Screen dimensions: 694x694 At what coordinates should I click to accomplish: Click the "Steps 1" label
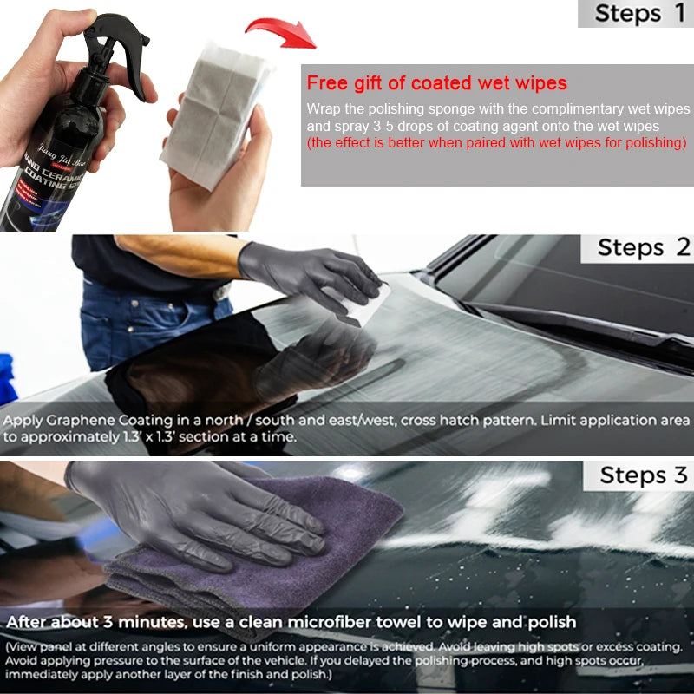click(x=639, y=13)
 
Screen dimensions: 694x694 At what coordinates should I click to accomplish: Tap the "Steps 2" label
click(x=643, y=247)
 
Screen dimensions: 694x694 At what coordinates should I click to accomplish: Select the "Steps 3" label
click(x=643, y=475)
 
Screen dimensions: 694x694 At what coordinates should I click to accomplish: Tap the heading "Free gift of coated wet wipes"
click(x=436, y=83)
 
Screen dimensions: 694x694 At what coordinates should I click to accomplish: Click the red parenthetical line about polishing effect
click(x=497, y=142)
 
